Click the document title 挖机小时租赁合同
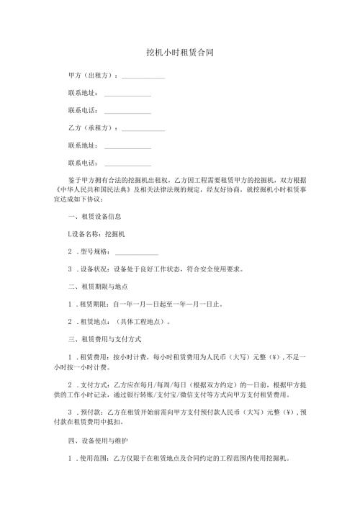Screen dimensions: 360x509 179,53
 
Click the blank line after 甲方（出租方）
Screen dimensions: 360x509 144,78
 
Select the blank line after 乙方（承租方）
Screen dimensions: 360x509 144,130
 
